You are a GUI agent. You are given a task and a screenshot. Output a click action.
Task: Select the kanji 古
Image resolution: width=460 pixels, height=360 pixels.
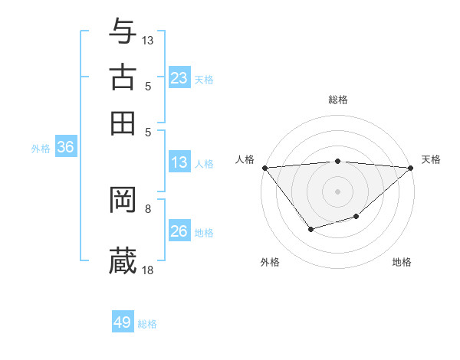123,77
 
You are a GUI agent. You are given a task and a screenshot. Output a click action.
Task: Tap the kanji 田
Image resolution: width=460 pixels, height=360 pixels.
123,123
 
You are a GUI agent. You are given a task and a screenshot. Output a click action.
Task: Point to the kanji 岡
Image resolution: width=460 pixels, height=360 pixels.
123,200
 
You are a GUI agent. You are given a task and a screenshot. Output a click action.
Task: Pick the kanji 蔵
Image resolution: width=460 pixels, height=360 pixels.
123,260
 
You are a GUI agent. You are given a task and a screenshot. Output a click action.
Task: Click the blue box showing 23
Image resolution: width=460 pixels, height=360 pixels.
179,78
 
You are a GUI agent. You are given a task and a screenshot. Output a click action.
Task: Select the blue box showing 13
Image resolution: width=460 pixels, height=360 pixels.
179,162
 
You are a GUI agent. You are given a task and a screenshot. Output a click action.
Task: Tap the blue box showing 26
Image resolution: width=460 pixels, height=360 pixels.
179,231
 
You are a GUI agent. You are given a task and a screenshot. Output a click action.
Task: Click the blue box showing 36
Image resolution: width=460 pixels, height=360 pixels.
65,148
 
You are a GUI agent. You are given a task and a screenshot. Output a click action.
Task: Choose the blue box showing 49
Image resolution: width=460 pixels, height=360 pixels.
123,322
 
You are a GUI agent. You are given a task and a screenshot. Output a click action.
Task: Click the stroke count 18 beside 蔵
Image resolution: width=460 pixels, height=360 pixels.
148,269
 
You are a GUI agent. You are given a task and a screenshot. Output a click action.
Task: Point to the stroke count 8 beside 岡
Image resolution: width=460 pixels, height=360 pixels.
148,208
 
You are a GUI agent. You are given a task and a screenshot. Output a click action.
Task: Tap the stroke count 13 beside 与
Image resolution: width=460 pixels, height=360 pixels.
148,39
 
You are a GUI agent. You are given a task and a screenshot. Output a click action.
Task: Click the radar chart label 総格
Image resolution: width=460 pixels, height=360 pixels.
338,100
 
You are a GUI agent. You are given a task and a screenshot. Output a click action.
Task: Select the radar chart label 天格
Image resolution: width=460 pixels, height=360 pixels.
431,159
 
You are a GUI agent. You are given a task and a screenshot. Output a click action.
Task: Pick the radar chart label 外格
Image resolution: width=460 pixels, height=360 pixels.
270,262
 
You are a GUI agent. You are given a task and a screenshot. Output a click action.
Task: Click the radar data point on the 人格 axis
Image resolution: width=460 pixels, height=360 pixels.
264,168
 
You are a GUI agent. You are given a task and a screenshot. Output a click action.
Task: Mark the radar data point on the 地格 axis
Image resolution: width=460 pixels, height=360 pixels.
356,218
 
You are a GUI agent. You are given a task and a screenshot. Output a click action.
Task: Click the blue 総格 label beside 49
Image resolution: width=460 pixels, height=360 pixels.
147,324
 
